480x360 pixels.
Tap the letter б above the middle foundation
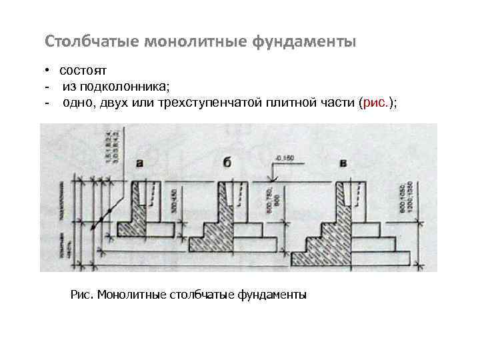pyautogui.click(x=227, y=162)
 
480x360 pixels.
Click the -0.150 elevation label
pyautogui.click(x=284, y=159)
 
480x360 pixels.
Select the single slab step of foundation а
pyautogui.click(x=147, y=229)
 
